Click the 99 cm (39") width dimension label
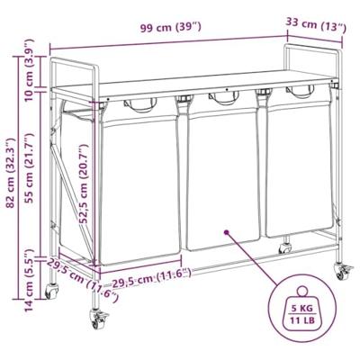[171, 28]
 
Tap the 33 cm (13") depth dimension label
[316, 24]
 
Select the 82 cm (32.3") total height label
[11, 173]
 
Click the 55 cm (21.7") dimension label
[30, 168]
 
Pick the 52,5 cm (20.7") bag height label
[85, 184]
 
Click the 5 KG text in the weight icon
[302, 308]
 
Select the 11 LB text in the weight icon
[302, 320]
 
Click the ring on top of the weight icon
[302, 291]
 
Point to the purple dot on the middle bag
[226, 231]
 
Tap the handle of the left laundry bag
[140, 105]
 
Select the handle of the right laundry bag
[300, 92]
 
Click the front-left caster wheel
[99, 319]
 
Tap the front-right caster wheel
[343, 271]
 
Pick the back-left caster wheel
[51, 291]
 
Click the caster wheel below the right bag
[284, 247]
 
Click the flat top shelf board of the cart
[194, 85]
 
